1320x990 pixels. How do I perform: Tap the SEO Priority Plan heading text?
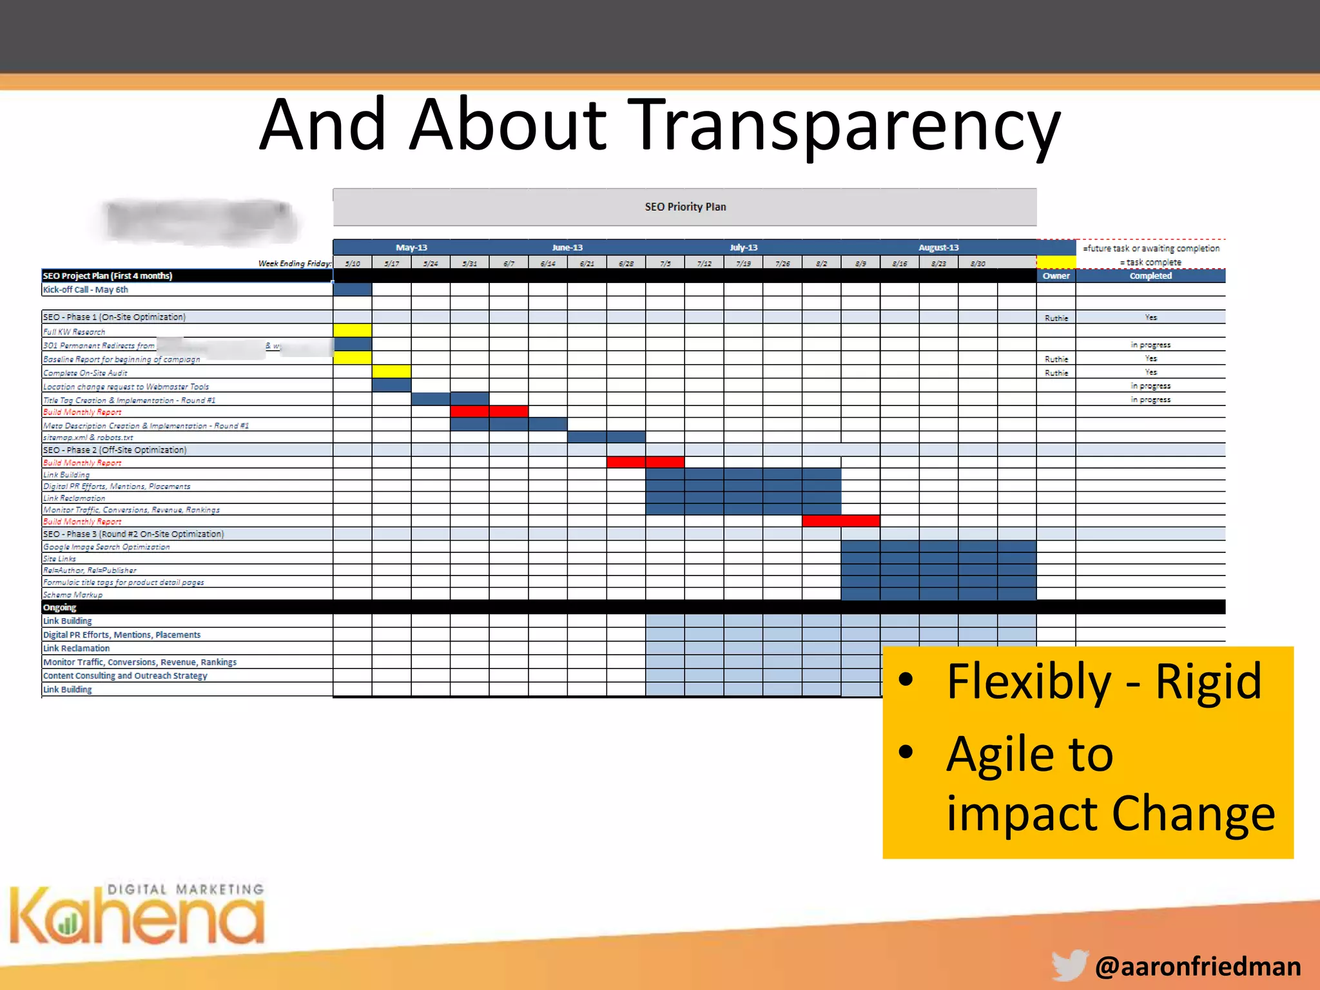(x=685, y=207)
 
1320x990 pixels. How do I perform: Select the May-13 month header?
(x=411, y=247)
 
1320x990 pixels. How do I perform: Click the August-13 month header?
(x=938, y=247)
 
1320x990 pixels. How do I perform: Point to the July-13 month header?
(x=743, y=247)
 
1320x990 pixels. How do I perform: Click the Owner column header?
(x=1056, y=276)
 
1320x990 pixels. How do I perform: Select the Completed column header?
(x=1150, y=276)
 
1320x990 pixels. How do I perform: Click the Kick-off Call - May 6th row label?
(x=86, y=290)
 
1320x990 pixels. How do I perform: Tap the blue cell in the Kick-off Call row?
(x=353, y=289)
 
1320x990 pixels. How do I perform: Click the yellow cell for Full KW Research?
(x=353, y=331)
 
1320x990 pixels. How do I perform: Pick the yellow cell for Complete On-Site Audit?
(x=391, y=371)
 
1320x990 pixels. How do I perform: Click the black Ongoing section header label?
(x=59, y=607)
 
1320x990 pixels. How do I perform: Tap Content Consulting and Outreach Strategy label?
(x=125, y=675)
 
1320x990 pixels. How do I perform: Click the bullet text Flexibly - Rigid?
(x=1103, y=682)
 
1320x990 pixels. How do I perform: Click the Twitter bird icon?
(x=1070, y=965)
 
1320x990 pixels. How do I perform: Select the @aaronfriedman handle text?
(x=1198, y=966)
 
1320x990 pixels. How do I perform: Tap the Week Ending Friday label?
(x=295, y=263)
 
